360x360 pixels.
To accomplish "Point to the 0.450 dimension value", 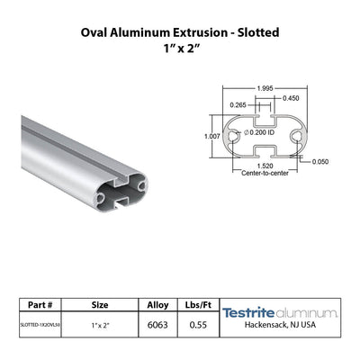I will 291,98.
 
